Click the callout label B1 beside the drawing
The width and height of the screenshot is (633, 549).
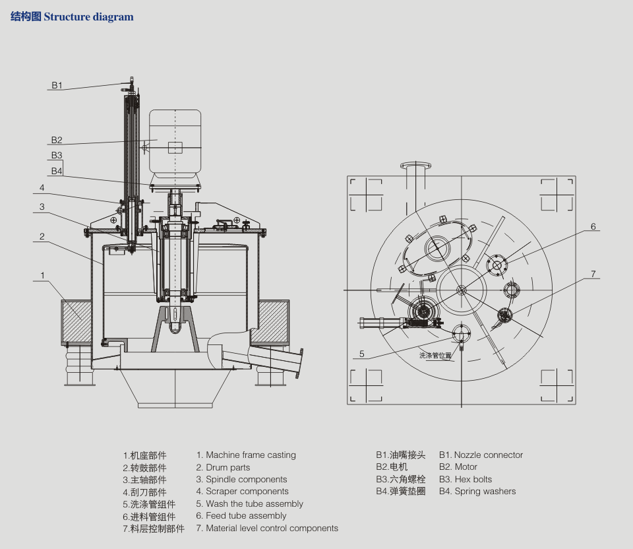(x=57, y=85)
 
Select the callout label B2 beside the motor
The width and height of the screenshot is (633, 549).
(x=57, y=140)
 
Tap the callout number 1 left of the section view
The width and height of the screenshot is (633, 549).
(x=42, y=275)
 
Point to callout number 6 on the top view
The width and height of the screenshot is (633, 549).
(x=593, y=227)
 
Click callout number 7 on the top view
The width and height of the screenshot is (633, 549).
(x=593, y=274)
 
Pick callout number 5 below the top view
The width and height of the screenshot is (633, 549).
(x=362, y=354)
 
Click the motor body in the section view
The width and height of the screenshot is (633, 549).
(x=175, y=141)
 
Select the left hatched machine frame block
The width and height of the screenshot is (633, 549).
(x=76, y=322)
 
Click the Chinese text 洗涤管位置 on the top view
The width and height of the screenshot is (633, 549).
(x=436, y=355)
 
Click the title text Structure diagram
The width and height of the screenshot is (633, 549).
(x=88, y=16)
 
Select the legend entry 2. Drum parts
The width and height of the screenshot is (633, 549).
(x=223, y=467)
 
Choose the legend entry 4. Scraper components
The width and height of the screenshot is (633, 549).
(x=242, y=492)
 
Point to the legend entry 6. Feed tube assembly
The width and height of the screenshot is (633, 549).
(x=241, y=516)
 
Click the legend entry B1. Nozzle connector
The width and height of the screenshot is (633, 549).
(x=481, y=455)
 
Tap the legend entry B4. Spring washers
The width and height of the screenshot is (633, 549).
(x=477, y=492)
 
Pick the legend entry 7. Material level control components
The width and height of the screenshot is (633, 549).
(x=267, y=529)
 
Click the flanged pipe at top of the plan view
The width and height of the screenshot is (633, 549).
(x=416, y=174)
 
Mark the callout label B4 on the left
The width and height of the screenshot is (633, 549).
(x=57, y=171)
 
